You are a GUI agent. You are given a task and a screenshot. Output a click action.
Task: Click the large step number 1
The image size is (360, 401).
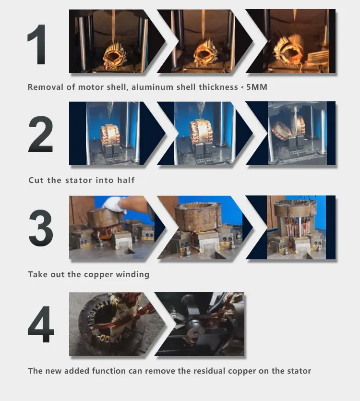37,45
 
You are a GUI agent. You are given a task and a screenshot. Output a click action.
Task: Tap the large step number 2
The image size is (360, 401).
40,134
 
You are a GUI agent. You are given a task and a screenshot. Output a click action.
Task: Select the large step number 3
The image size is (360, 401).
41,228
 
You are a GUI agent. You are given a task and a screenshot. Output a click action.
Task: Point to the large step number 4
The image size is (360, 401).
41,324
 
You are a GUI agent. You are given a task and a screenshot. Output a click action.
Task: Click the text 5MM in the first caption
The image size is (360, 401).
257,87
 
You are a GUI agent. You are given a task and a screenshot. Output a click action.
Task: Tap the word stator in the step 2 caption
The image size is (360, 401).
79,180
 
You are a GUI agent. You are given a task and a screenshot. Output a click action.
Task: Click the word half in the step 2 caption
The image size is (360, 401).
126,180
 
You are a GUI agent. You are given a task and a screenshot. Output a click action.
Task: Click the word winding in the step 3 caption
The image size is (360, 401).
132,275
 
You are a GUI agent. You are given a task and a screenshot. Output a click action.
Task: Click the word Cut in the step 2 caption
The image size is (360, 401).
36,180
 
